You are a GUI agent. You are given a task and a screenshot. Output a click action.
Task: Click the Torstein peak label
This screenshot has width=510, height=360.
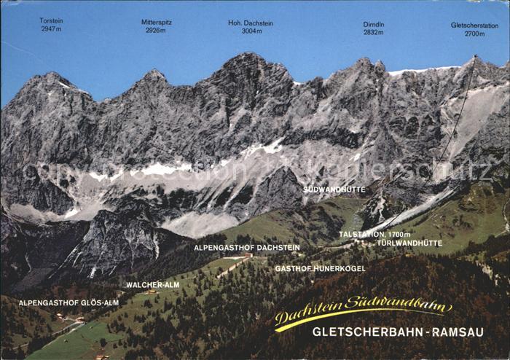pos(51,21)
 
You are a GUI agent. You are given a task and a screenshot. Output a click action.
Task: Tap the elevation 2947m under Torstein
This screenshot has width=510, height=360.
pos(51,29)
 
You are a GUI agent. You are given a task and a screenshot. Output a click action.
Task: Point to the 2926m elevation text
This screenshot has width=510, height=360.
pos(155,31)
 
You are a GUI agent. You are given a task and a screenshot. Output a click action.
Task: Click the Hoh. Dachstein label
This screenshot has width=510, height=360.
pos(251,23)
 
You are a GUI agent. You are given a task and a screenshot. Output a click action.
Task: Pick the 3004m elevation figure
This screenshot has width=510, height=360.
pos(251,31)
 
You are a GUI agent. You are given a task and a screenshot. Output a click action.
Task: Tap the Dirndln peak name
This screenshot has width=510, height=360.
pos(374,24)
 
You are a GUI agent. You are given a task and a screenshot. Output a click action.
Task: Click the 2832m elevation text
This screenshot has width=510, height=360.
pos(374,32)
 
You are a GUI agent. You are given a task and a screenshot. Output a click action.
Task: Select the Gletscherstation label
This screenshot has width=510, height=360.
pos(474,25)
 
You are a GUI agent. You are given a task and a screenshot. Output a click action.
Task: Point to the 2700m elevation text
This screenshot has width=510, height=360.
pos(474,34)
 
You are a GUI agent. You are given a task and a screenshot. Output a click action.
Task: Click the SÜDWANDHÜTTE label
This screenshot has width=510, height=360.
pos(334,189)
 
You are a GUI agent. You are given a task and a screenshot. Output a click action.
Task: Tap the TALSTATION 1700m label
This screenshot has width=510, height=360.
pos(374,234)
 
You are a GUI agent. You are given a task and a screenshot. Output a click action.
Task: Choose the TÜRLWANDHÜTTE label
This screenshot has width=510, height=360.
pos(409,243)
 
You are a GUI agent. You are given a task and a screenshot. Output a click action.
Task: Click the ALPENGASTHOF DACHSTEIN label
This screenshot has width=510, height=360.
pos(247,248)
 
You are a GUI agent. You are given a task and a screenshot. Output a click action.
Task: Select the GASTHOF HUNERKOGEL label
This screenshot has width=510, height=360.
pos(320,268)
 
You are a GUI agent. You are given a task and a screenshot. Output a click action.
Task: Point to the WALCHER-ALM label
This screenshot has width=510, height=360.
pos(153,285)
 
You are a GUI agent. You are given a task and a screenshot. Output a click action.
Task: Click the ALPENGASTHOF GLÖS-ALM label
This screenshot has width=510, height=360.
pos(68,302)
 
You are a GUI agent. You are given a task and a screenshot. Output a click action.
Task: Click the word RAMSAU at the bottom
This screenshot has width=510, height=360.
pos(467,332)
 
